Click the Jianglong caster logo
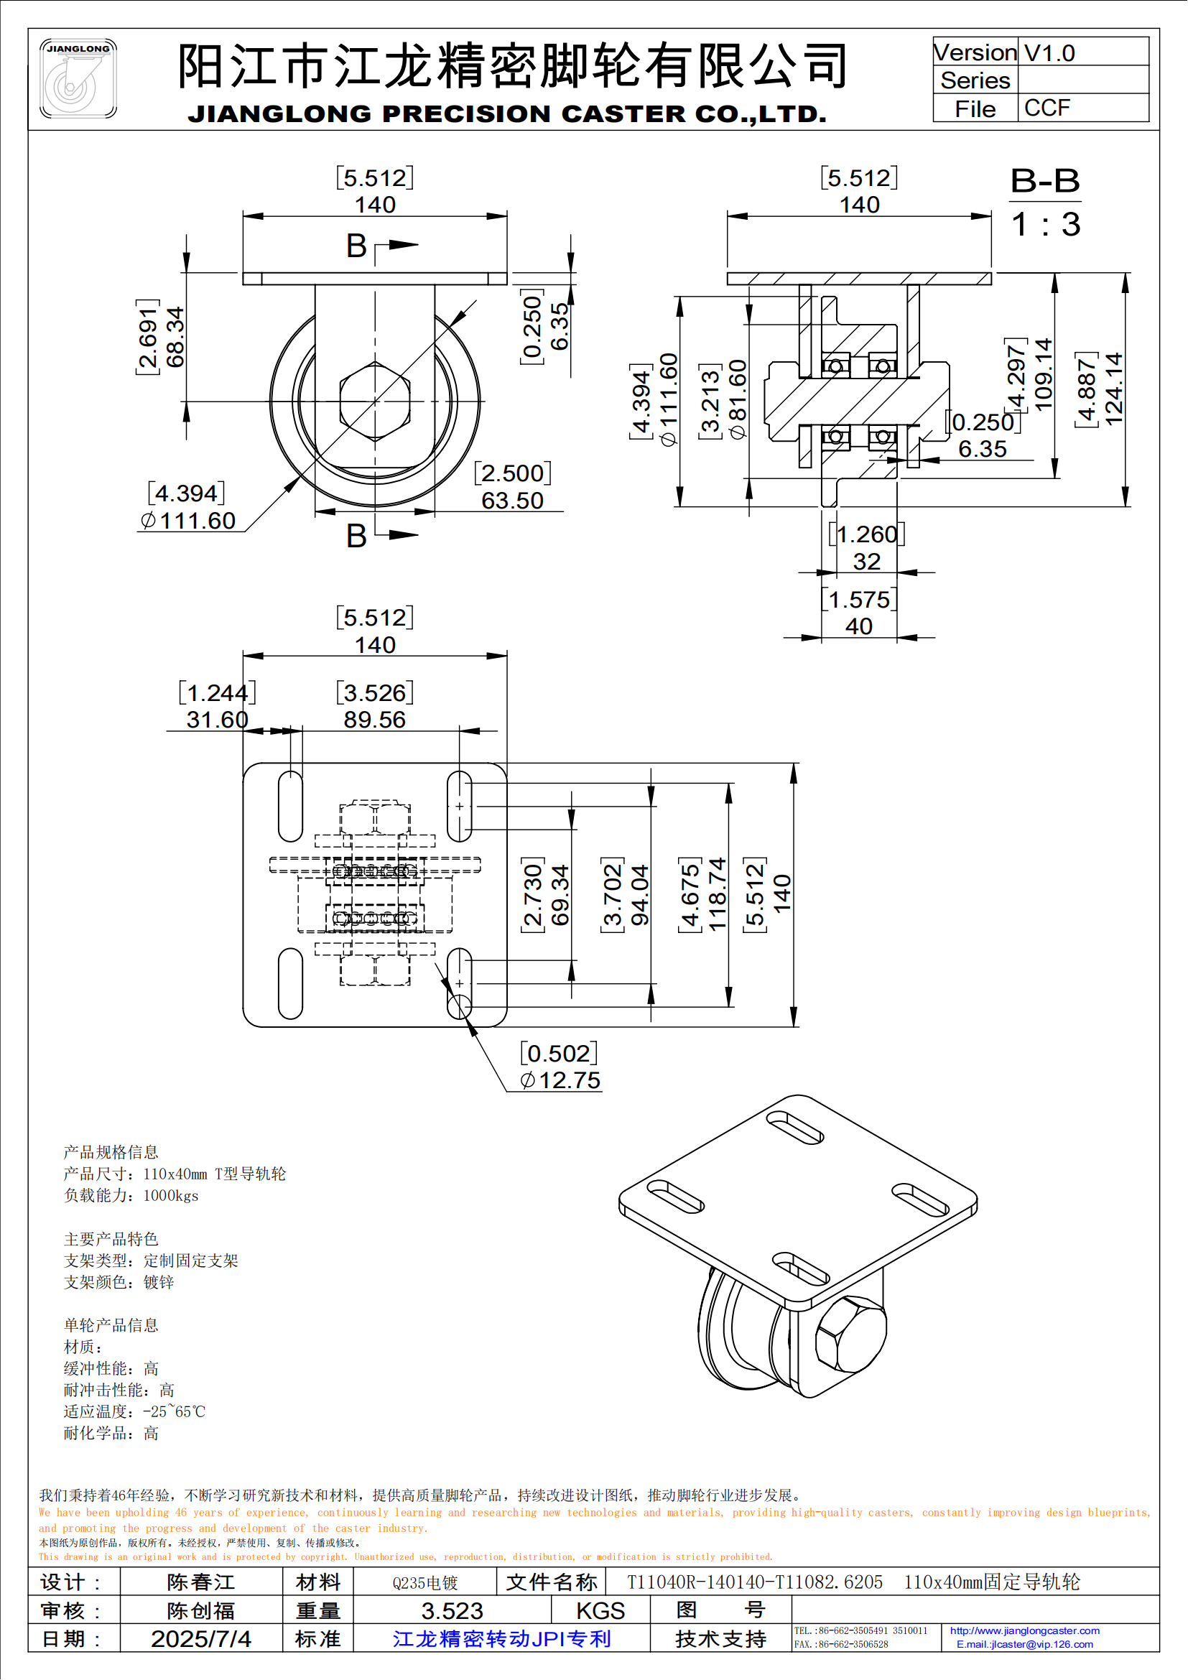[x=78, y=78]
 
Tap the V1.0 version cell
[x=1049, y=53]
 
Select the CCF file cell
[x=1047, y=108]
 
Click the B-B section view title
[x=1044, y=181]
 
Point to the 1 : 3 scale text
[x=1045, y=225]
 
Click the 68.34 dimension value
[x=175, y=337]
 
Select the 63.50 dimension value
[x=512, y=501]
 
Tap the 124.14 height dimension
[x=1113, y=389]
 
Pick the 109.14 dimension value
[x=1044, y=375]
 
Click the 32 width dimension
[x=866, y=562]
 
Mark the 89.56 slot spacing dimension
[x=374, y=720]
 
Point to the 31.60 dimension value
[x=217, y=720]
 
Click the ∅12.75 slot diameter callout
[x=560, y=1081]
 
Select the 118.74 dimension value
[x=718, y=894]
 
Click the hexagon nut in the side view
[x=375, y=401]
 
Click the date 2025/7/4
[x=201, y=1639]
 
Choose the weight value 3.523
[x=452, y=1611]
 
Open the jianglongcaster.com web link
[x=1024, y=1631]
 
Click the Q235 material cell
[x=425, y=1584]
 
